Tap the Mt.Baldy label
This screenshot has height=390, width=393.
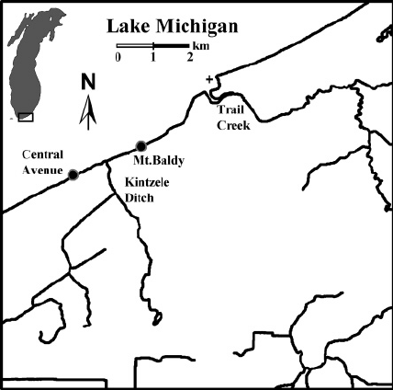(167, 160)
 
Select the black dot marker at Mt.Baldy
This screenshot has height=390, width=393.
(140, 145)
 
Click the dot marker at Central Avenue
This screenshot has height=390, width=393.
(73, 173)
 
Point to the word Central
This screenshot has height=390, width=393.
(44, 155)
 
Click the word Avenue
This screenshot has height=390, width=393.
(42, 169)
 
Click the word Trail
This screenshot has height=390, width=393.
(231, 110)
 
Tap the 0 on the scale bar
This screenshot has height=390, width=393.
(118, 58)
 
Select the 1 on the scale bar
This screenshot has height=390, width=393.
(152, 58)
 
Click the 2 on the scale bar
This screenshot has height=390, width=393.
(189, 58)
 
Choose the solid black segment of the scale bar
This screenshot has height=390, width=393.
(171, 46)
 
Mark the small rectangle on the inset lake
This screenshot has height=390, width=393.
(26, 117)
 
